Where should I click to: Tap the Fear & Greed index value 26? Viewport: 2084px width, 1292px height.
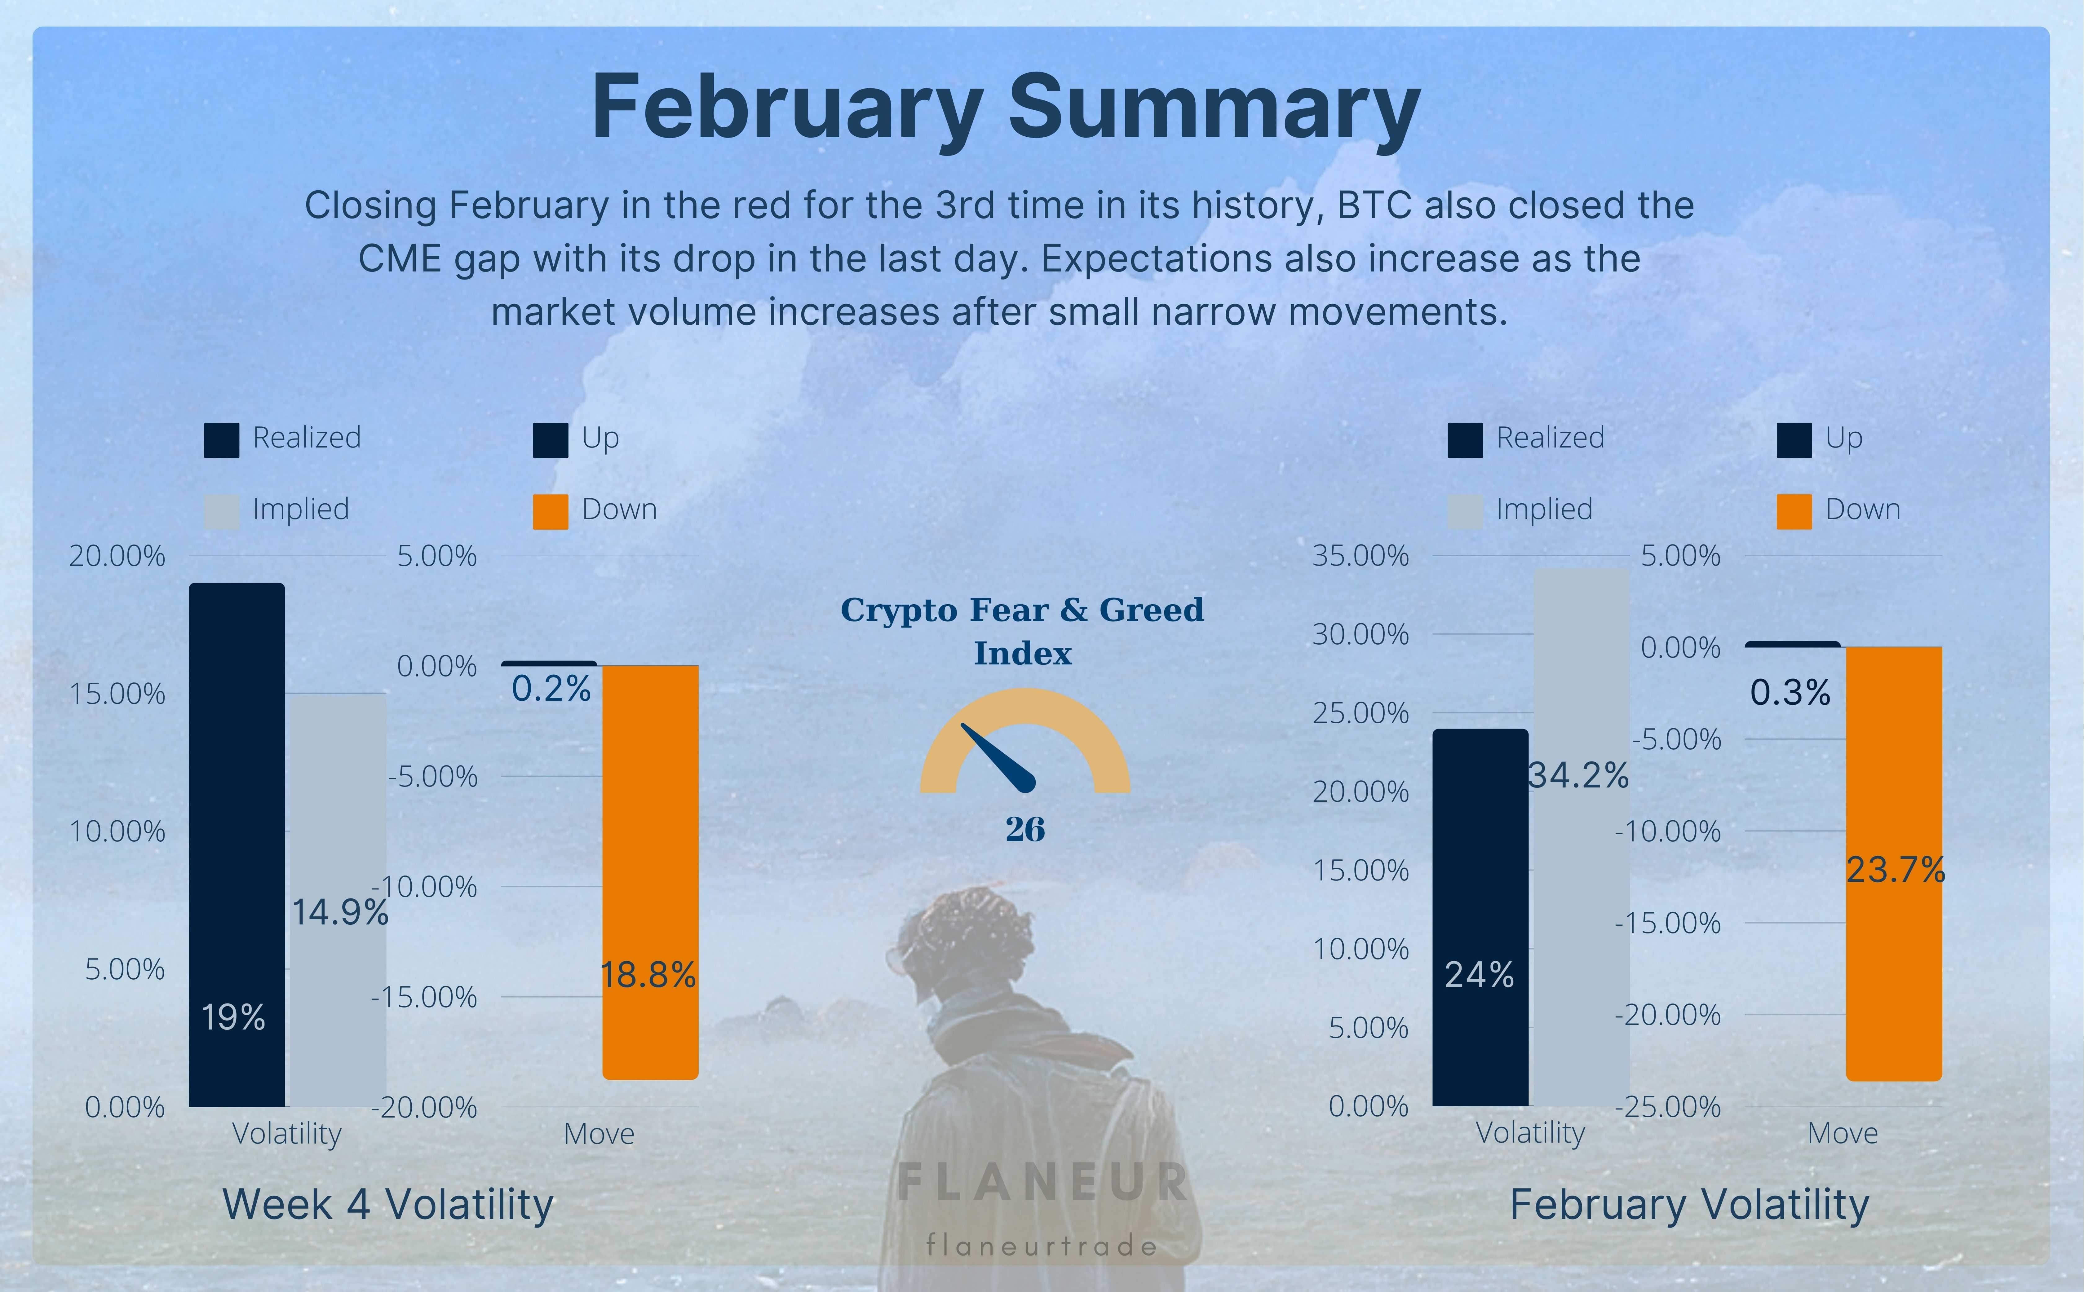1024,829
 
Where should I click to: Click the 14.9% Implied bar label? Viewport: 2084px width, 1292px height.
340,913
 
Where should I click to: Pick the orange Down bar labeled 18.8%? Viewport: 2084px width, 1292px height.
650,871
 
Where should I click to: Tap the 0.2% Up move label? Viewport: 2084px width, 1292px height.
551,689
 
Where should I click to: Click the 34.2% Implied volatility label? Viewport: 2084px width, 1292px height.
1578,775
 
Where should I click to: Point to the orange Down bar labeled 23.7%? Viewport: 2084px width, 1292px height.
1894,863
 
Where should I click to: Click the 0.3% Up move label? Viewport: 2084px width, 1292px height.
1790,692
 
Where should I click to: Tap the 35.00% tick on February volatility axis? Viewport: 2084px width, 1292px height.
1360,556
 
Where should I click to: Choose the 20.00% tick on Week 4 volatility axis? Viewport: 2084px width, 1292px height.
117,556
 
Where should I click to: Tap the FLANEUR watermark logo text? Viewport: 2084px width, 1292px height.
1042,1182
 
